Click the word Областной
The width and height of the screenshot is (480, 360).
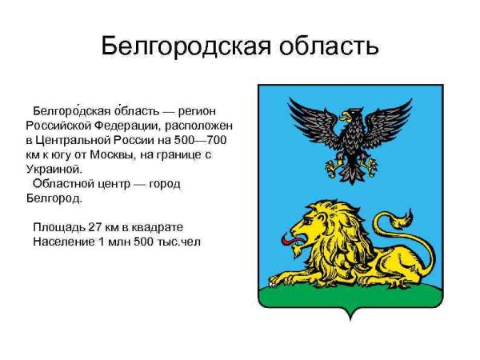[66, 183]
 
